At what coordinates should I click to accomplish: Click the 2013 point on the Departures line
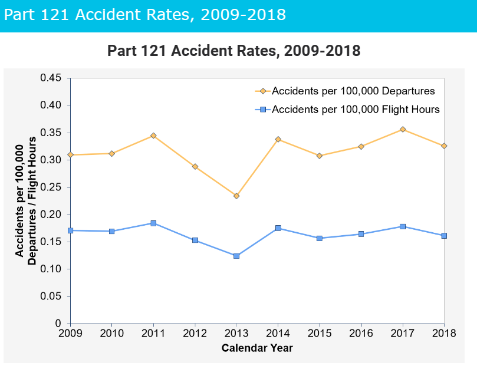[x=236, y=196]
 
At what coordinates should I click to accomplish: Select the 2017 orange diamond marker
[x=403, y=129]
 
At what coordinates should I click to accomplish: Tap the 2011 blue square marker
[x=153, y=223]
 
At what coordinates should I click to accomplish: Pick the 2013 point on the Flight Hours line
[x=236, y=256]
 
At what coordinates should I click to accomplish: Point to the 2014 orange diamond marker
[x=278, y=139]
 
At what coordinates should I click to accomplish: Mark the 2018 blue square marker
[x=444, y=236]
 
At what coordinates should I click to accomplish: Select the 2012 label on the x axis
[x=195, y=334]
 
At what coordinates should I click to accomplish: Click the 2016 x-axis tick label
[x=361, y=334]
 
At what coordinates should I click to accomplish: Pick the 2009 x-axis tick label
[x=70, y=334]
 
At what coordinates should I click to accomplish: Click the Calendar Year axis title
[x=257, y=348]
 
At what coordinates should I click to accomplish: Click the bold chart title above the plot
[x=233, y=51]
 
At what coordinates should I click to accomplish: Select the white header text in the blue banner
[x=144, y=14]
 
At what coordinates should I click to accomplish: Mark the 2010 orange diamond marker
[x=111, y=153]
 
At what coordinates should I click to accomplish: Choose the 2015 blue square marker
[x=320, y=238]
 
